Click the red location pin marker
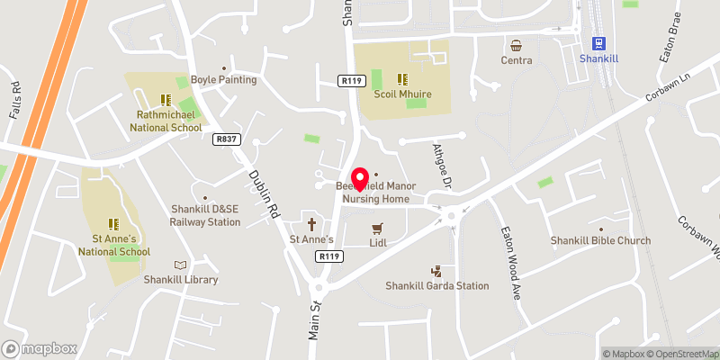pos(360,178)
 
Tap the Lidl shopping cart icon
pos(377,228)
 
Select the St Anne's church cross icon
pos(312,223)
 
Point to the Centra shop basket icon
pos(517,45)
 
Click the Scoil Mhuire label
pos(404,94)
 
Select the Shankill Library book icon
pos(181,265)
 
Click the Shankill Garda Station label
pos(437,285)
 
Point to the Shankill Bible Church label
pos(601,240)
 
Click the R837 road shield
pos(226,139)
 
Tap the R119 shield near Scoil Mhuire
pos(351,80)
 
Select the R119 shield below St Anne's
pos(330,256)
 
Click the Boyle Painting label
pos(224,79)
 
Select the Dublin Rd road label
pos(262,194)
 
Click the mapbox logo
pos(40,348)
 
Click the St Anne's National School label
pos(114,245)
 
